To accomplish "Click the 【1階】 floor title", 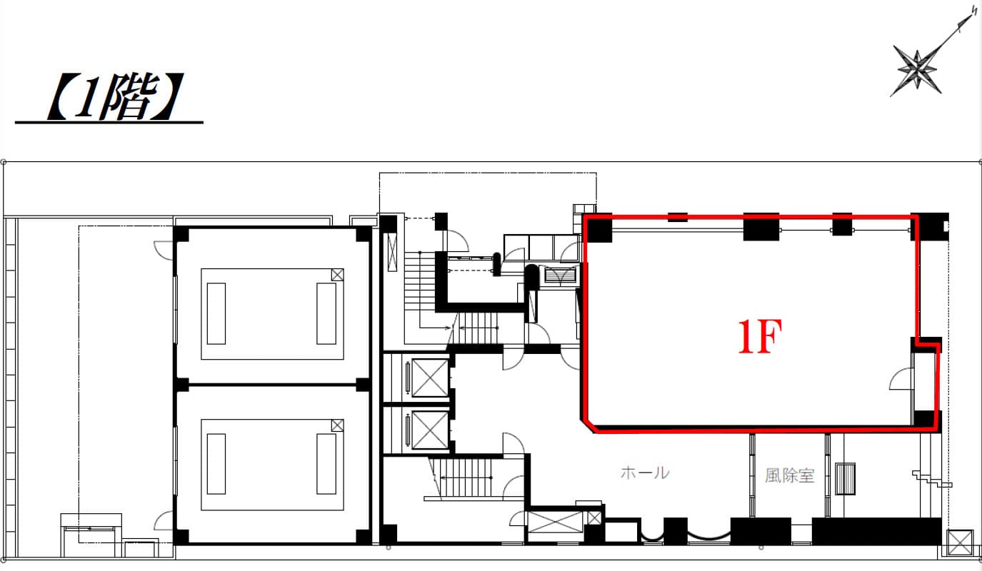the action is point(115,97).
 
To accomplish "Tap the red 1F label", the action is point(759,336).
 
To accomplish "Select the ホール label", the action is point(645,473).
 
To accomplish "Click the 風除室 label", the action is point(790,475).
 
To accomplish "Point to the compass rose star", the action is point(917,70).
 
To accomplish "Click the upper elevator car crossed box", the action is point(430,378).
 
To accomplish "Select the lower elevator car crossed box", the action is point(430,430).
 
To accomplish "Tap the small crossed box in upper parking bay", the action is point(337,275).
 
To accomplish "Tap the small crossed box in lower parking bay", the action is point(337,425).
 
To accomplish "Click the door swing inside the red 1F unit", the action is point(900,378).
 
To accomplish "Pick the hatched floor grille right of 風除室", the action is point(845,478).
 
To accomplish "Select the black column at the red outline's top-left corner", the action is point(599,228).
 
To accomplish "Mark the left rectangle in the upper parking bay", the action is point(216,313).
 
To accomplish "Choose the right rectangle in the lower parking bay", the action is point(326,464).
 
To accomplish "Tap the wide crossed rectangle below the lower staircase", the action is point(556,522).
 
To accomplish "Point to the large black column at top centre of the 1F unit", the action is point(761,227).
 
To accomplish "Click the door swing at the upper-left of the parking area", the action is point(164,251).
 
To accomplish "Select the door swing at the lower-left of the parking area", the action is point(164,520).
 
